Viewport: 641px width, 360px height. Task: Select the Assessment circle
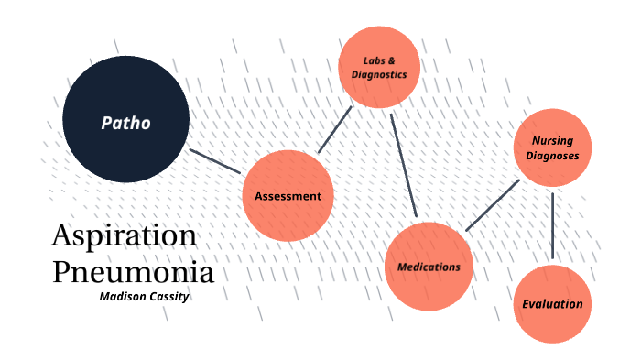(288, 195)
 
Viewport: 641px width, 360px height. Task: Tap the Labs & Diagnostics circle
(379, 68)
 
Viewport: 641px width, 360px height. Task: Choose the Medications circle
(429, 267)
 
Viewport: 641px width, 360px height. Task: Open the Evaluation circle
(552, 304)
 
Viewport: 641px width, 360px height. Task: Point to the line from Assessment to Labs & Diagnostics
(335, 129)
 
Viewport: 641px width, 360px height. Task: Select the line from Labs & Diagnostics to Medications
(404, 165)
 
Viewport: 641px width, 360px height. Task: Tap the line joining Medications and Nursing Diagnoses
(493, 205)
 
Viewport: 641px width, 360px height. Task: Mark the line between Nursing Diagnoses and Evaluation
(553, 225)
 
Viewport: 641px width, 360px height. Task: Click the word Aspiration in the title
(124, 235)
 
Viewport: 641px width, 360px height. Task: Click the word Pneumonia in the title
(133, 272)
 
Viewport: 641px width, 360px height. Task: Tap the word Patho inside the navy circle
(125, 122)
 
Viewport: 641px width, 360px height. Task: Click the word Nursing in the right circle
(552, 142)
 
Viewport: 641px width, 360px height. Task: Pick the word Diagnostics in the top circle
(379, 75)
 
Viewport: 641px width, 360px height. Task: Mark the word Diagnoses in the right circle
(552, 157)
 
